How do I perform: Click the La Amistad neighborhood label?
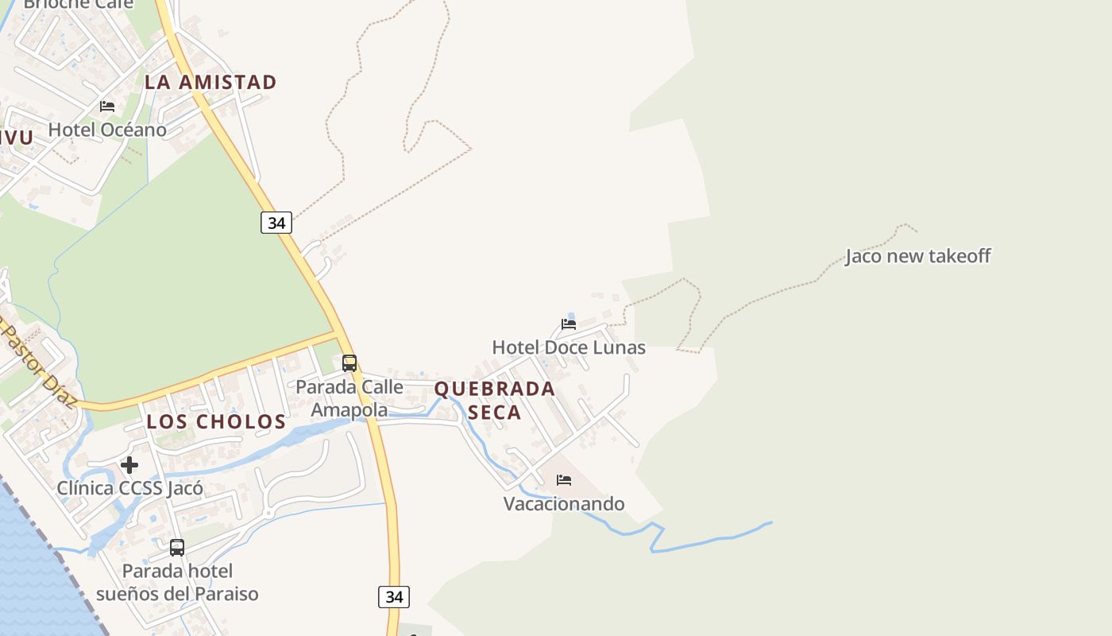point(210,82)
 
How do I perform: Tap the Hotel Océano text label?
point(107,130)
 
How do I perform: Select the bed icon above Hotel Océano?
point(107,107)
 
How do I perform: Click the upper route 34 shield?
point(276,223)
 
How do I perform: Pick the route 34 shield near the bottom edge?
point(394,596)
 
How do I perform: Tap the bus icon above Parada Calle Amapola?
point(349,363)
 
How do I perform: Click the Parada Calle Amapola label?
point(349,398)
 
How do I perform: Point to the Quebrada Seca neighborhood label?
point(494,400)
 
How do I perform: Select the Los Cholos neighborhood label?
point(216,421)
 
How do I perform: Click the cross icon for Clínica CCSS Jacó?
point(129,465)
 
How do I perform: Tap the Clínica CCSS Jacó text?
point(129,487)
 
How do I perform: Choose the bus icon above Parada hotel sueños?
point(177,548)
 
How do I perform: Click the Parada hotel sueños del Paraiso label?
point(177,582)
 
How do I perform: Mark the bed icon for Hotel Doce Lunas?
point(569,324)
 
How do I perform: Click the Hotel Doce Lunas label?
point(569,347)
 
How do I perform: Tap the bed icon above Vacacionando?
point(564,480)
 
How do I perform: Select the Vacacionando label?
point(564,503)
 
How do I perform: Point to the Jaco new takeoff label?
point(917,256)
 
